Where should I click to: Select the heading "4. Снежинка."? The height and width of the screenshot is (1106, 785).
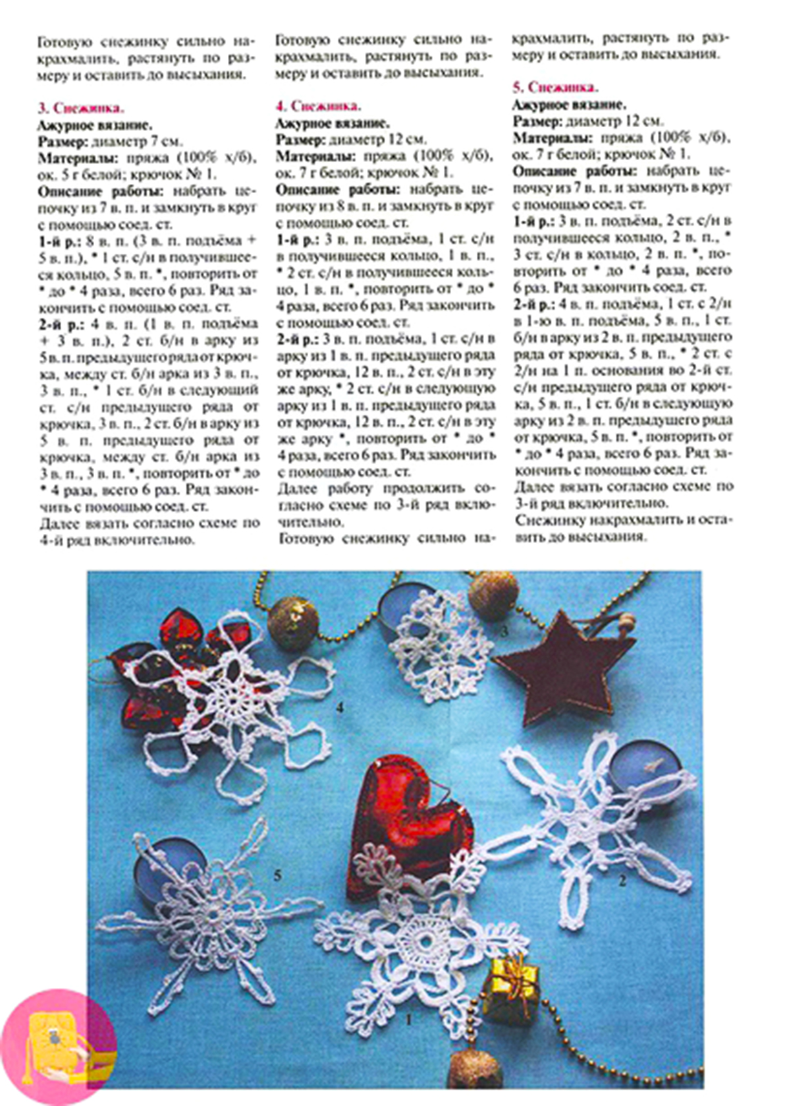coord(318,106)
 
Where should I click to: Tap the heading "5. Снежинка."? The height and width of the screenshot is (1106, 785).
coord(555,87)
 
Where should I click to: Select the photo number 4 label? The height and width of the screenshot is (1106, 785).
coord(340,708)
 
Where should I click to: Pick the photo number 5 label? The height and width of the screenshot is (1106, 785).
coord(277,875)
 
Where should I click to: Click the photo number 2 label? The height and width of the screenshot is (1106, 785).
coord(622,880)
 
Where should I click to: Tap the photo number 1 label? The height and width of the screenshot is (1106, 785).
coord(408,1019)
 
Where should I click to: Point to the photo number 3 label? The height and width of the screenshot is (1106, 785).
coord(504,631)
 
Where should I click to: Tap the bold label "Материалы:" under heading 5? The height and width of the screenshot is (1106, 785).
coord(553,138)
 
